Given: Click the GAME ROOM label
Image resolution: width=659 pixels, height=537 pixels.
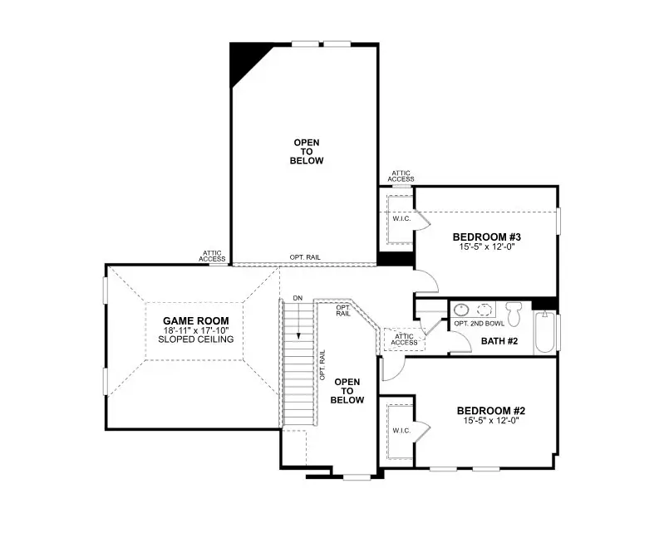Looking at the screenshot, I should pos(195,320).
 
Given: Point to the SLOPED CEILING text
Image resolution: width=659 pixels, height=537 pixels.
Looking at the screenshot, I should pos(195,339).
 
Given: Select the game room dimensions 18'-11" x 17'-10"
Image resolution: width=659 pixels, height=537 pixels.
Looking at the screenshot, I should pos(195,330).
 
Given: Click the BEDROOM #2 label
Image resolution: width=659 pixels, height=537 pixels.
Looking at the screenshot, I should pos(490,411).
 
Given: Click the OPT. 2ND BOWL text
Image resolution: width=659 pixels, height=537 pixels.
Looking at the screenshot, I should pos(479,323).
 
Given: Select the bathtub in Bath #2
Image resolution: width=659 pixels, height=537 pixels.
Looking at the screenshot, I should pos(544,332).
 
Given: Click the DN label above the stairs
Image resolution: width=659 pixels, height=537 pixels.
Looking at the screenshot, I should pos(298,298).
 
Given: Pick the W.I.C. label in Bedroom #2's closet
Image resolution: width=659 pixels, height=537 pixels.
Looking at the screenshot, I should pos(401,431).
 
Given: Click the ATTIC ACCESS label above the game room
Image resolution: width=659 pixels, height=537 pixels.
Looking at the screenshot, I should pos(212,256).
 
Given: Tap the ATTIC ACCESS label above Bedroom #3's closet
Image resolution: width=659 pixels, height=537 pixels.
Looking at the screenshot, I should pos(401,175).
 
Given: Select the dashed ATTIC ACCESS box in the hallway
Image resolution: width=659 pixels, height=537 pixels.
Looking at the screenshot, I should pos(404,338).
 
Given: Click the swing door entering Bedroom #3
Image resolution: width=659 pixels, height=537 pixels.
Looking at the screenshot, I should pos(425,281).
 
